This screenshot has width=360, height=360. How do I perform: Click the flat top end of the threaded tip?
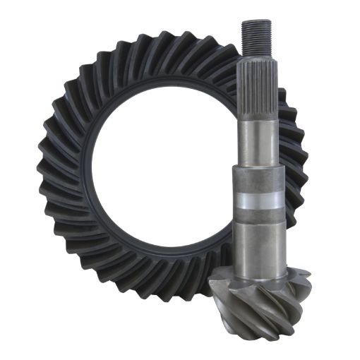[253, 21]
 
